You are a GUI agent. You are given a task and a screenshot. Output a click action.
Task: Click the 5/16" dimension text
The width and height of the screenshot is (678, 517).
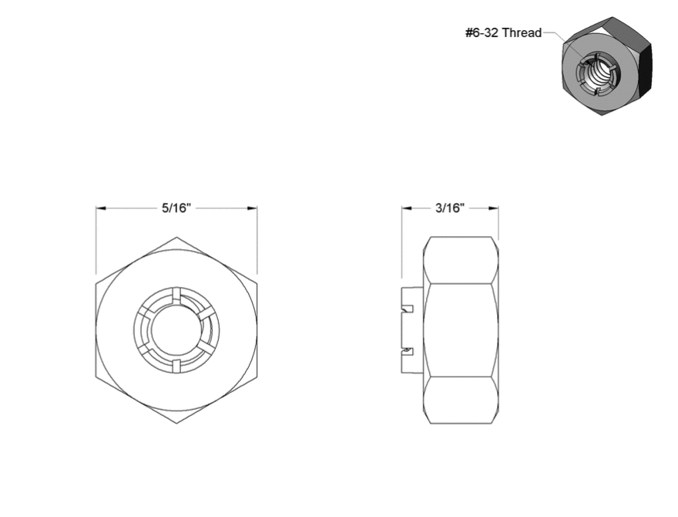[176, 208]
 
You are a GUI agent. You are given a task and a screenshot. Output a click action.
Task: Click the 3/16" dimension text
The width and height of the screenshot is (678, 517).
[450, 208]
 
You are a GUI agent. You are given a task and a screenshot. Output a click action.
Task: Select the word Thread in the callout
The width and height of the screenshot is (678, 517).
[522, 33]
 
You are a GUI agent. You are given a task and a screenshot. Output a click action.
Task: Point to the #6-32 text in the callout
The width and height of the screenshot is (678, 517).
[482, 33]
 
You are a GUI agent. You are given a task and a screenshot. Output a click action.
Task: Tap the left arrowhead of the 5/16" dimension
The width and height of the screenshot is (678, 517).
[101, 208]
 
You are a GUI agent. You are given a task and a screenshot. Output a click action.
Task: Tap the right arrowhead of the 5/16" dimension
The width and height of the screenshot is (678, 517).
[252, 208]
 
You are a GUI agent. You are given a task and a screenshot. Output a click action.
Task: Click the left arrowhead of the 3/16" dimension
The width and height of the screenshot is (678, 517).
[407, 208]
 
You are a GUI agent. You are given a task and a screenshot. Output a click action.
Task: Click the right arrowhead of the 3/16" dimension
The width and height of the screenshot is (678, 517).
[493, 208]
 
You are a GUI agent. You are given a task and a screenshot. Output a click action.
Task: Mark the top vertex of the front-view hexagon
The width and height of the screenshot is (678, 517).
[176, 237]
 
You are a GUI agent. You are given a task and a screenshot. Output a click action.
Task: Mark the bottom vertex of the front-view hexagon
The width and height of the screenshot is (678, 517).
[176, 424]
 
